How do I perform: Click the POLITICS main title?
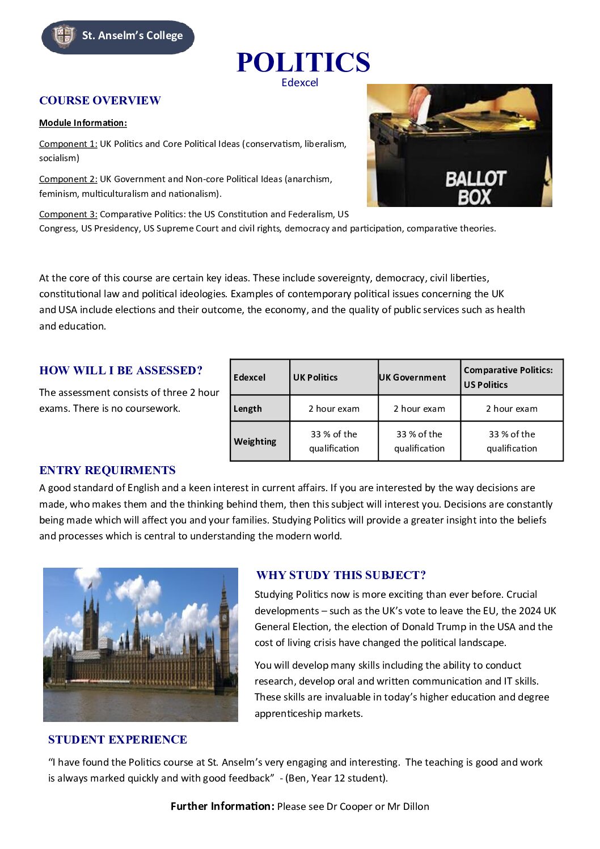pyautogui.click(x=303, y=62)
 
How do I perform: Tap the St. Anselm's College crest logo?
pyautogui.click(x=64, y=36)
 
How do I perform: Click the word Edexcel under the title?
pyautogui.click(x=299, y=83)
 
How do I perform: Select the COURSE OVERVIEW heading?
pyautogui.click(x=100, y=101)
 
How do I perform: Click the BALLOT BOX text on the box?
pyautogui.click(x=474, y=188)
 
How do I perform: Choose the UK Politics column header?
pyautogui.click(x=315, y=378)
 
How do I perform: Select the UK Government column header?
pyautogui.click(x=412, y=378)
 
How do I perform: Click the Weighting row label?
pyautogui.click(x=255, y=442)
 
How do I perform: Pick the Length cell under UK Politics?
pyautogui.click(x=334, y=409)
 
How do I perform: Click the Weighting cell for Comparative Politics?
pyautogui.click(x=512, y=441)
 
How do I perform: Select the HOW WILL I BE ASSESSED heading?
pyautogui.click(x=121, y=371)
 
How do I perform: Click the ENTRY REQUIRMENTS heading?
pyautogui.click(x=107, y=471)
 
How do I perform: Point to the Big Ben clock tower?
pyautogui.click(x=225, y=624)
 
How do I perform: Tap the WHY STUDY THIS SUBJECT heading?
pyautogui.click(x=341, y=576)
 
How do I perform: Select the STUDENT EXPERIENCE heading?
pyautogui.click(x=117, y=740)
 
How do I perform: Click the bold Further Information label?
pyautogui.click(x=222, y=806)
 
